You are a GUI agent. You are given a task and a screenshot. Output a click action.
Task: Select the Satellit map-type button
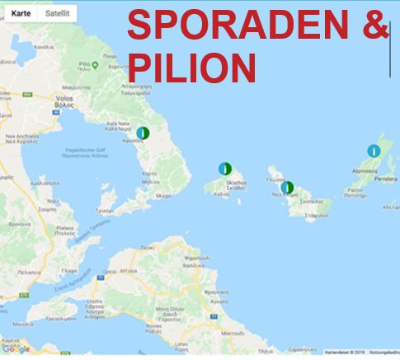[56, 13]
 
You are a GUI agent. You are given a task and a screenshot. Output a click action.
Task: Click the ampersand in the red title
[376, 26]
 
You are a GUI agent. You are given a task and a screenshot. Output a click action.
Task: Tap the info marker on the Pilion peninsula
[142, 132]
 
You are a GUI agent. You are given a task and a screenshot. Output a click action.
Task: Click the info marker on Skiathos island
[223, 168]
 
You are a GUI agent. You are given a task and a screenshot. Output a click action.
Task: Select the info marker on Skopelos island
[286, 187]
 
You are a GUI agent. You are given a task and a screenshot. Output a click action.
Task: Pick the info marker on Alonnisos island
[373, 151]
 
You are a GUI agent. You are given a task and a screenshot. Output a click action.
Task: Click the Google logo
[16, 350]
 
